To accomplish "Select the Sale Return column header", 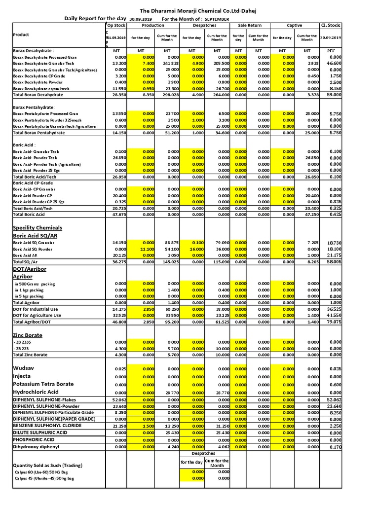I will tap(250, 25).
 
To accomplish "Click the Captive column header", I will tap(295, 25).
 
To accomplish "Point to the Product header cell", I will tap(21, 35).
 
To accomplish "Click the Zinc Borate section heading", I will tap(28, 335).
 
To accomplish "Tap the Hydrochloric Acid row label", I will tap(36, 392).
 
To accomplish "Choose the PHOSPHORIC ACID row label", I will tap(33, 439).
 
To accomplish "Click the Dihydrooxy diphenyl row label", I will tap(36, 446).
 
